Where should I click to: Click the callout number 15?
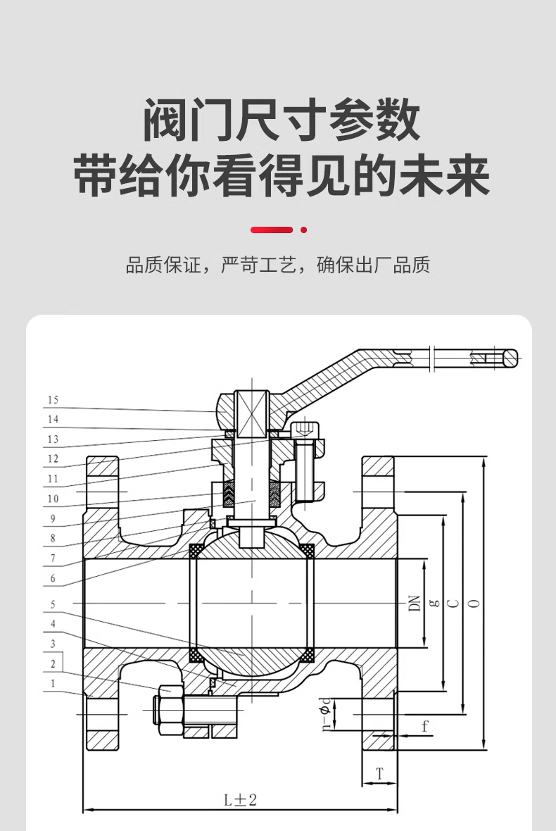tap(53, 401)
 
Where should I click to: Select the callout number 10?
tap(53, 499)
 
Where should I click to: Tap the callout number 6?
tap(52, 578)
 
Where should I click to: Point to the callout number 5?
tap(52, 604)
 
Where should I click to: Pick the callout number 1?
tap(52, 682)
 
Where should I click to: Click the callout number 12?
tap(53, 459)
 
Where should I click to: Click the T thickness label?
tap(379, 774)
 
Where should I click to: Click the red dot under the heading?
tap(304, 230)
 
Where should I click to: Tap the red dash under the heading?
tap(272, 230)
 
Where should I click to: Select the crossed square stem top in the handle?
tap(253, 414)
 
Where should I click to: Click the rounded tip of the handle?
tap(512, 358)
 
